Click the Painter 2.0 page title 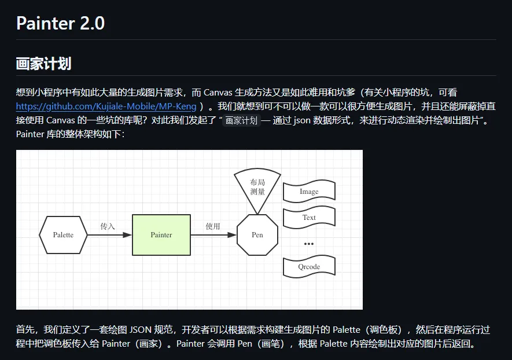tap(60, 24)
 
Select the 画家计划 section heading tap(43, 64)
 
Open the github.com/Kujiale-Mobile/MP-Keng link tap(106, 106)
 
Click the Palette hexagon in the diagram tap(63, 235)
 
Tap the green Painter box tap(161, 234)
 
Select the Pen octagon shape tap(257, 234)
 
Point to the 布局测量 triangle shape tap(257, 187)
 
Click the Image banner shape tap(309, 192)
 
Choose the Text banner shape tap(309, 218)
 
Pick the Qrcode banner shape tap(309, 267)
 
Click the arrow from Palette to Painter tap(110, 235)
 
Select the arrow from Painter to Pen tap(213, 235)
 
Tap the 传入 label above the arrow tap(108, 226)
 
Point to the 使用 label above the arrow tap(213, 226)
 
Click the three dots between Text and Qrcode tap(309, 244)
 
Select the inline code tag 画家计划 tap(241, 121)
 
